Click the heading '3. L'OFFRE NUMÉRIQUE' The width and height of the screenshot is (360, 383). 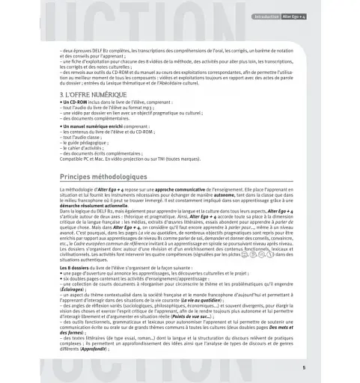[x=94, y=96]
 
